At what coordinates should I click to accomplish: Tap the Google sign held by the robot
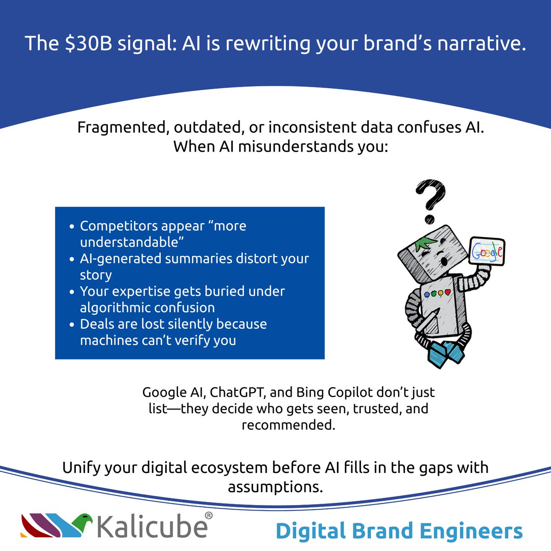[x=486, y=251]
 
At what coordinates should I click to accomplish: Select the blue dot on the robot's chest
[x=427, y=294]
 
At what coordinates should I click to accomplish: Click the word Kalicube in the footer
[x=152, y=527]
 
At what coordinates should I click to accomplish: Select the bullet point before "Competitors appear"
[x=71, y=227]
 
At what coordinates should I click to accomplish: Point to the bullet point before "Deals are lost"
[x=71, y=325]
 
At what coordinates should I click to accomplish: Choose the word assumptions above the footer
[x=275, y=487]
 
